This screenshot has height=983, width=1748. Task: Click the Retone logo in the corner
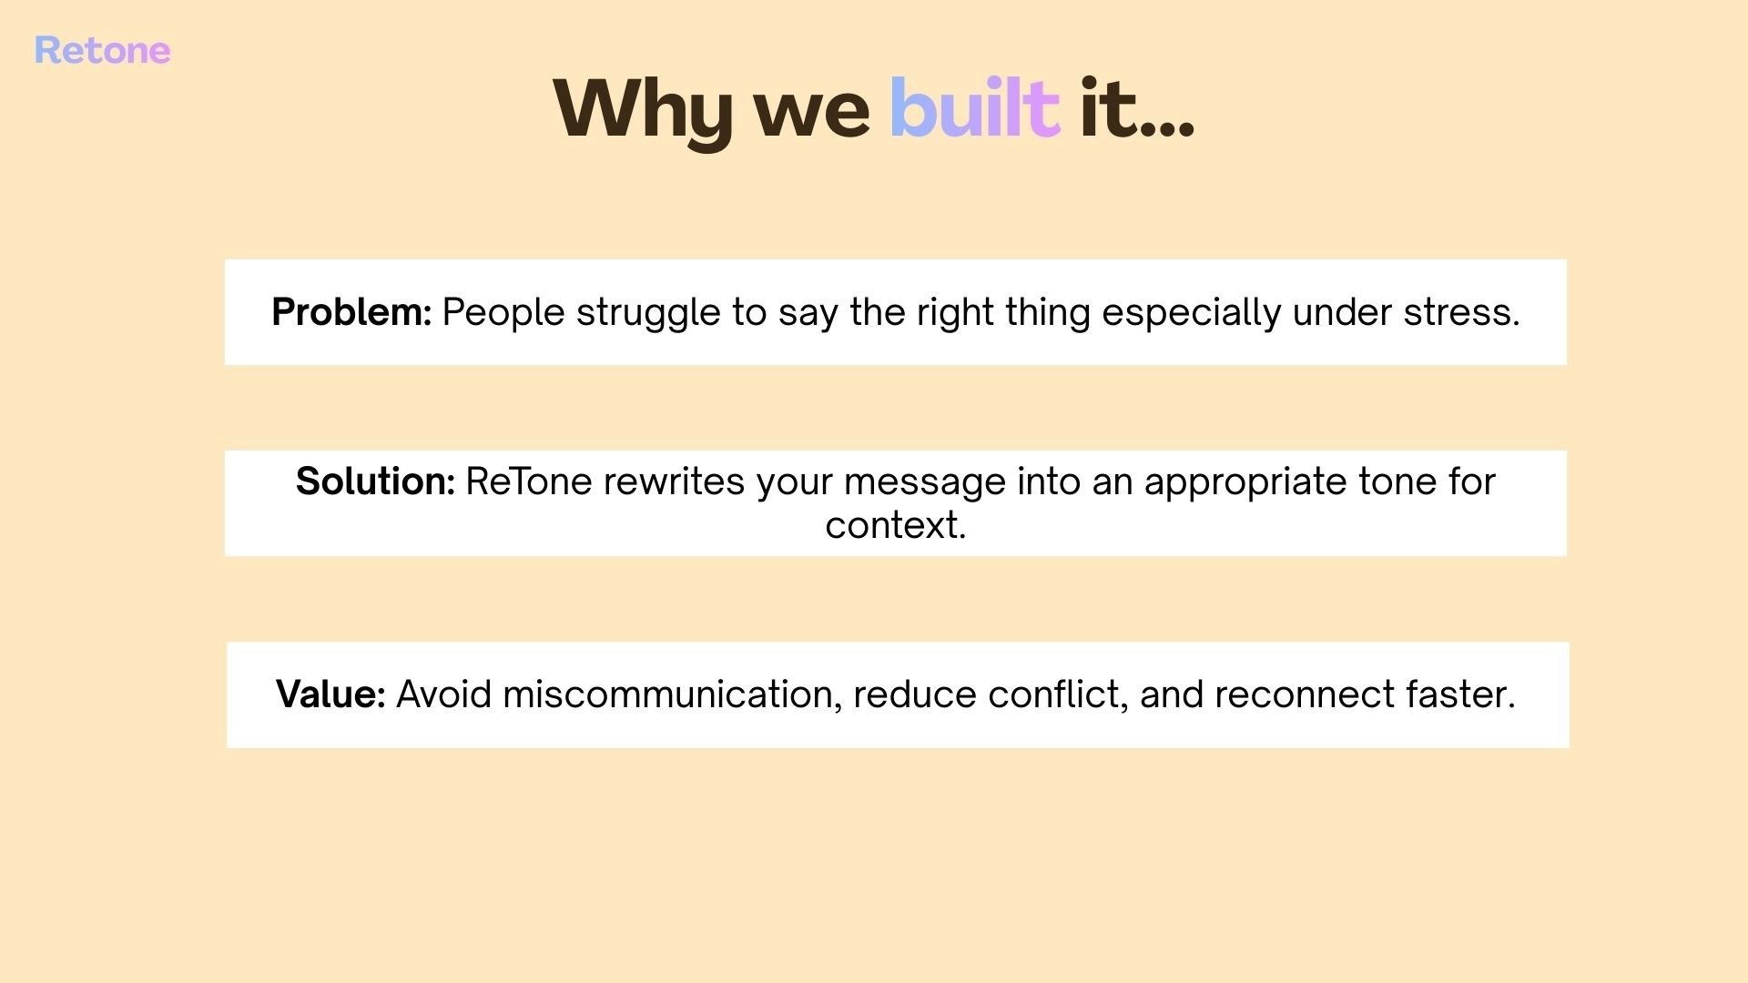click(102, 51)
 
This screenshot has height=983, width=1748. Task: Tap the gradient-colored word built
click(974, 107)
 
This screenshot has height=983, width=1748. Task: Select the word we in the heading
click(811, 117)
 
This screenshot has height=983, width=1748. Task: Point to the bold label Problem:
click(351, 312)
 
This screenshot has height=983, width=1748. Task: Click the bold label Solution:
click(375, 481)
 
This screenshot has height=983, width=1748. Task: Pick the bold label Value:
click(330, 694)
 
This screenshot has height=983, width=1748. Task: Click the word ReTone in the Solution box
click(529, 481)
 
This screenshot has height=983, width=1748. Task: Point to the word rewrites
click(674, 482)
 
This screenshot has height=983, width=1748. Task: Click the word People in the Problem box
click(503, 314)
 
